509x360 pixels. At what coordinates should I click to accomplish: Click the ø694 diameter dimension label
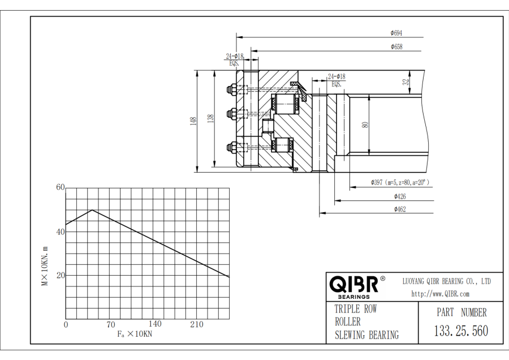[396, 33]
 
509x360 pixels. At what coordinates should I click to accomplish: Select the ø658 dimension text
[396, 47]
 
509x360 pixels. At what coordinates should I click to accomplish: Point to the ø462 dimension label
[400, 209]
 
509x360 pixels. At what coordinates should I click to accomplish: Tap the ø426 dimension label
[400, 196]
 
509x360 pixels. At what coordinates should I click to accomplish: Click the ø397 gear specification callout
[400, 182]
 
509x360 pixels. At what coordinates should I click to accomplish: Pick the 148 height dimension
[194, 121]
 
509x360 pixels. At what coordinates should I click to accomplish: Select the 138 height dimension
[210, 119]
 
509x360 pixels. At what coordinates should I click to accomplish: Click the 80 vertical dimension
[365, 125]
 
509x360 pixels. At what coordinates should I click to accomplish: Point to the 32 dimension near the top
[406, 82]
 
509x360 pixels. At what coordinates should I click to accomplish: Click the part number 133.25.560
[461, 331]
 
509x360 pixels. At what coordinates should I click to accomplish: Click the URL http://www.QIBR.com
[440, 294]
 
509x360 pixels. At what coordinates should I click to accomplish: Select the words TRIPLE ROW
[356, 309]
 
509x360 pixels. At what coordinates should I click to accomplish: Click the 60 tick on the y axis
[61, 187]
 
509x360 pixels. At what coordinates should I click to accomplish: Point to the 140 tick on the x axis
[155, 324]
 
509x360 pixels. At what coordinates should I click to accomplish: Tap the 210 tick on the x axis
[197, 324]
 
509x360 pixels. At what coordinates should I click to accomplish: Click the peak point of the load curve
[92, 210]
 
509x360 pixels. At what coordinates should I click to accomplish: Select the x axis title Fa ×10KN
[135, 334]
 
